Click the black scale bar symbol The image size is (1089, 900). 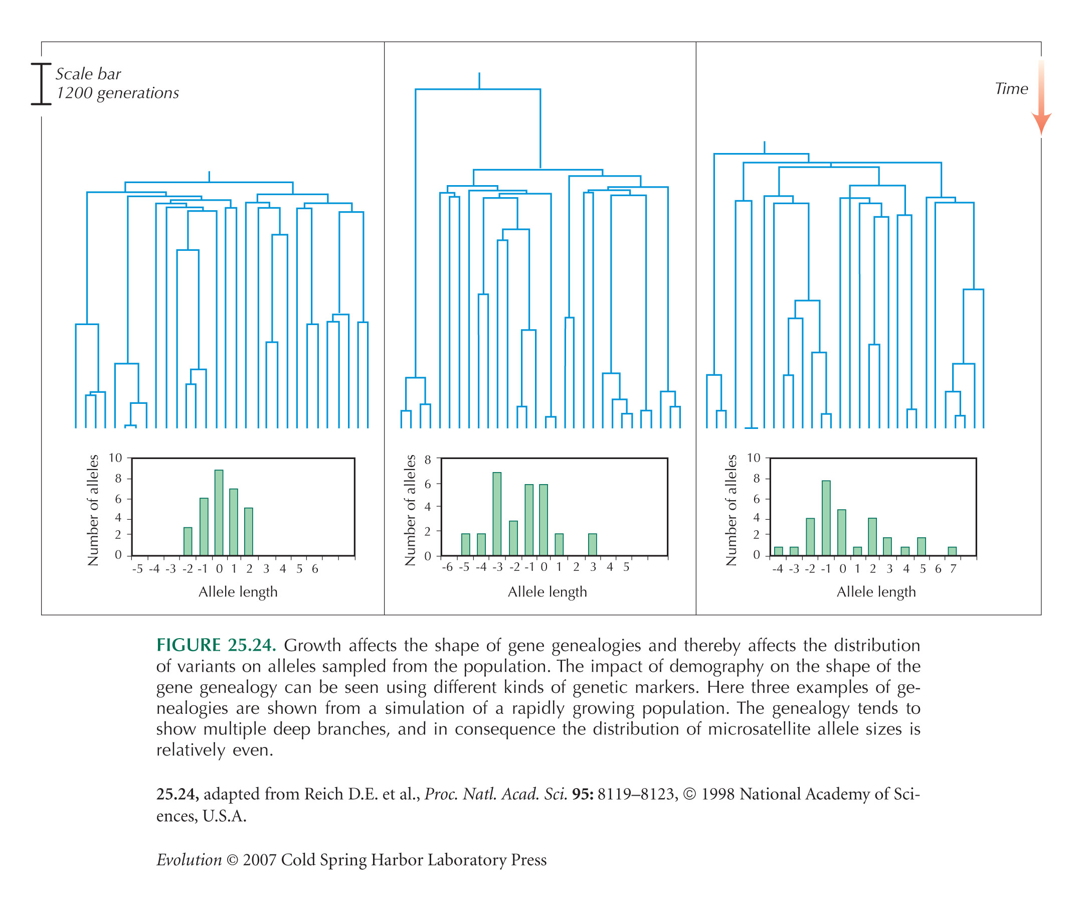[41, 84]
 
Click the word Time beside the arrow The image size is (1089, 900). [1011, 89]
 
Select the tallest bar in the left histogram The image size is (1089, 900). [219, 513]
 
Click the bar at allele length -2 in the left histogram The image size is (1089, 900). [188, 542]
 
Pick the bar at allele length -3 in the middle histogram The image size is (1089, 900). [496, 514]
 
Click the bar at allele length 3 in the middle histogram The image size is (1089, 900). [592, 545]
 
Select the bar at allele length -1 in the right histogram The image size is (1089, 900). [826, 518]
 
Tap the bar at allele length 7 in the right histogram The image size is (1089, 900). [952, 551]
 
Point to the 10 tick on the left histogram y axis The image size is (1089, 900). [115, 458]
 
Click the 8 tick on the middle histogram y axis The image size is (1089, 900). [427, 460]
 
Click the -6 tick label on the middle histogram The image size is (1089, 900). [447, 567]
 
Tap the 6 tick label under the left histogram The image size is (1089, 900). [314, 569]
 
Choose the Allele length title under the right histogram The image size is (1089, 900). [875, 592]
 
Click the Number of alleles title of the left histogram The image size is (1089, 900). [93, 510]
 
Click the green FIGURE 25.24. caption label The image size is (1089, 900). [216, 645]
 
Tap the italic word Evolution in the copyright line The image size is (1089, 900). [189, 860]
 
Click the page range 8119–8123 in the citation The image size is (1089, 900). [637, 794]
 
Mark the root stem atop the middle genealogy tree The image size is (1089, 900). [479, 81]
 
